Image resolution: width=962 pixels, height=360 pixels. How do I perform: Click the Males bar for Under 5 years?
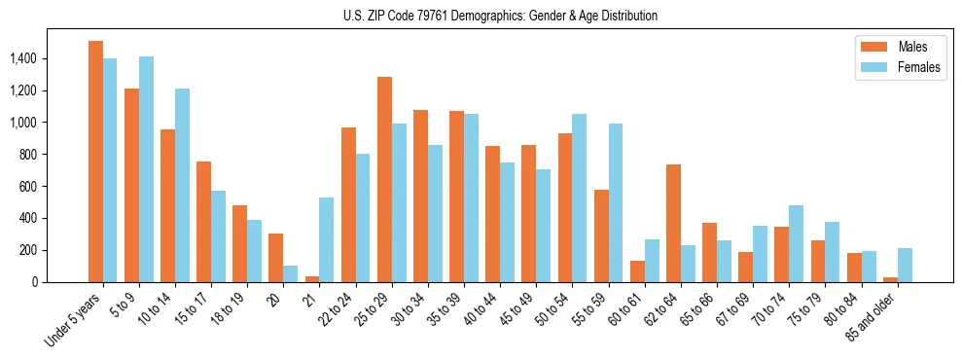click(95, 162)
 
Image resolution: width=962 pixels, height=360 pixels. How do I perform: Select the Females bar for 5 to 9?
click(146, 169)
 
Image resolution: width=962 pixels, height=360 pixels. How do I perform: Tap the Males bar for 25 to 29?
click(384, 180)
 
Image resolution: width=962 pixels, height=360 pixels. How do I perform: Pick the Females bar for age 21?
click(327, 239)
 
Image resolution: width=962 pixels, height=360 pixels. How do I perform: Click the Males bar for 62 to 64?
click(673, 223)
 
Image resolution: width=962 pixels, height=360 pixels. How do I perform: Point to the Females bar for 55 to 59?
click(616, 202)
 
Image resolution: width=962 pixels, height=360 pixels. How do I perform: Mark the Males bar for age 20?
click(276, 258)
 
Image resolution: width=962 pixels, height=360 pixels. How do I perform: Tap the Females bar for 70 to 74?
click(796, 243)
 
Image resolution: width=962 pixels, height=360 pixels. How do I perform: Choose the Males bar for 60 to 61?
click(637, 271)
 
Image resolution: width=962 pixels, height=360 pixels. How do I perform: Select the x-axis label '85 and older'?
click(872, 317)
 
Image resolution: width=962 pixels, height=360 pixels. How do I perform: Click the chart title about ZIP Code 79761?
click(500, 16)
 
